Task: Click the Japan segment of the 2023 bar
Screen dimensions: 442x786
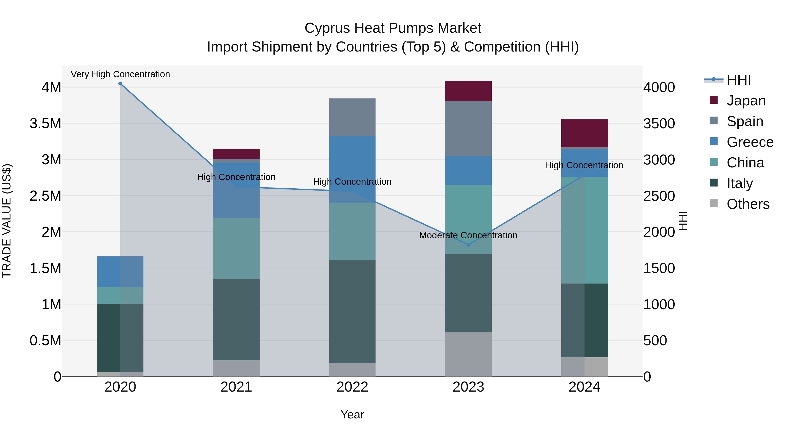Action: tap(468, 91)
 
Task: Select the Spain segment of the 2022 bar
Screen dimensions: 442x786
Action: tap(352, 117)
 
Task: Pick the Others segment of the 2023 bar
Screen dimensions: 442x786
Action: tap(468, 354)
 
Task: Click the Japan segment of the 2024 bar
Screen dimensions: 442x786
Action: tap(584, 133)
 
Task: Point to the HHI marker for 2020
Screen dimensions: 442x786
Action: tap(120, 84)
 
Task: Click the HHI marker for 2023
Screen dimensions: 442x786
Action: tap(468, 245)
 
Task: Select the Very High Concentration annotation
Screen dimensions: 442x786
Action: tap(120, 74)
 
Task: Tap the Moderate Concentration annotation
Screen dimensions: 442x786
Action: tap(468, 235)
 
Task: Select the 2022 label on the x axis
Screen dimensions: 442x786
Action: tap(352, 387)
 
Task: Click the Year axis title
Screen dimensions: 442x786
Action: tap(352, 414)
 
